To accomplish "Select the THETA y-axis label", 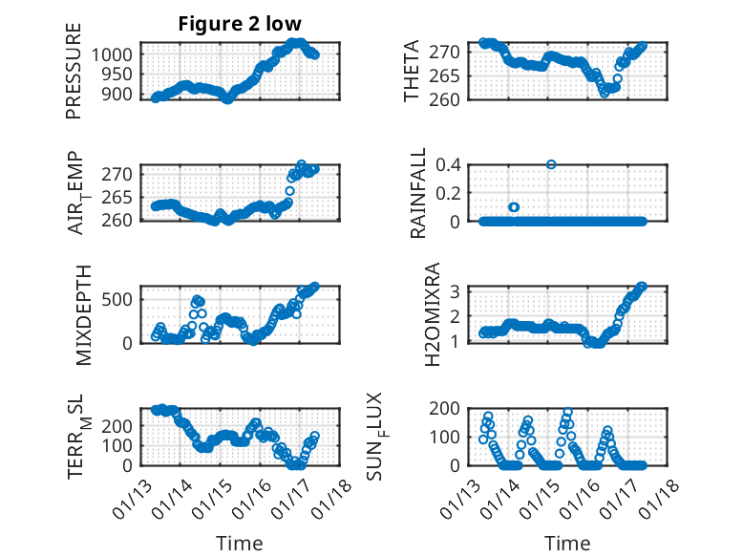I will (x=412, y=72).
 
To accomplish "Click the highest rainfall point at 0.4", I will (x=551, y=164).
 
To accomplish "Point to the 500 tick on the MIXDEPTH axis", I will (x=119, y=298).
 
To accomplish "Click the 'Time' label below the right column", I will (x=567, y=543).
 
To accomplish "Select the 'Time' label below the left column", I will (x=239, y=543).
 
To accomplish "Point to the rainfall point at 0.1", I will (x=514, y=206).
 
